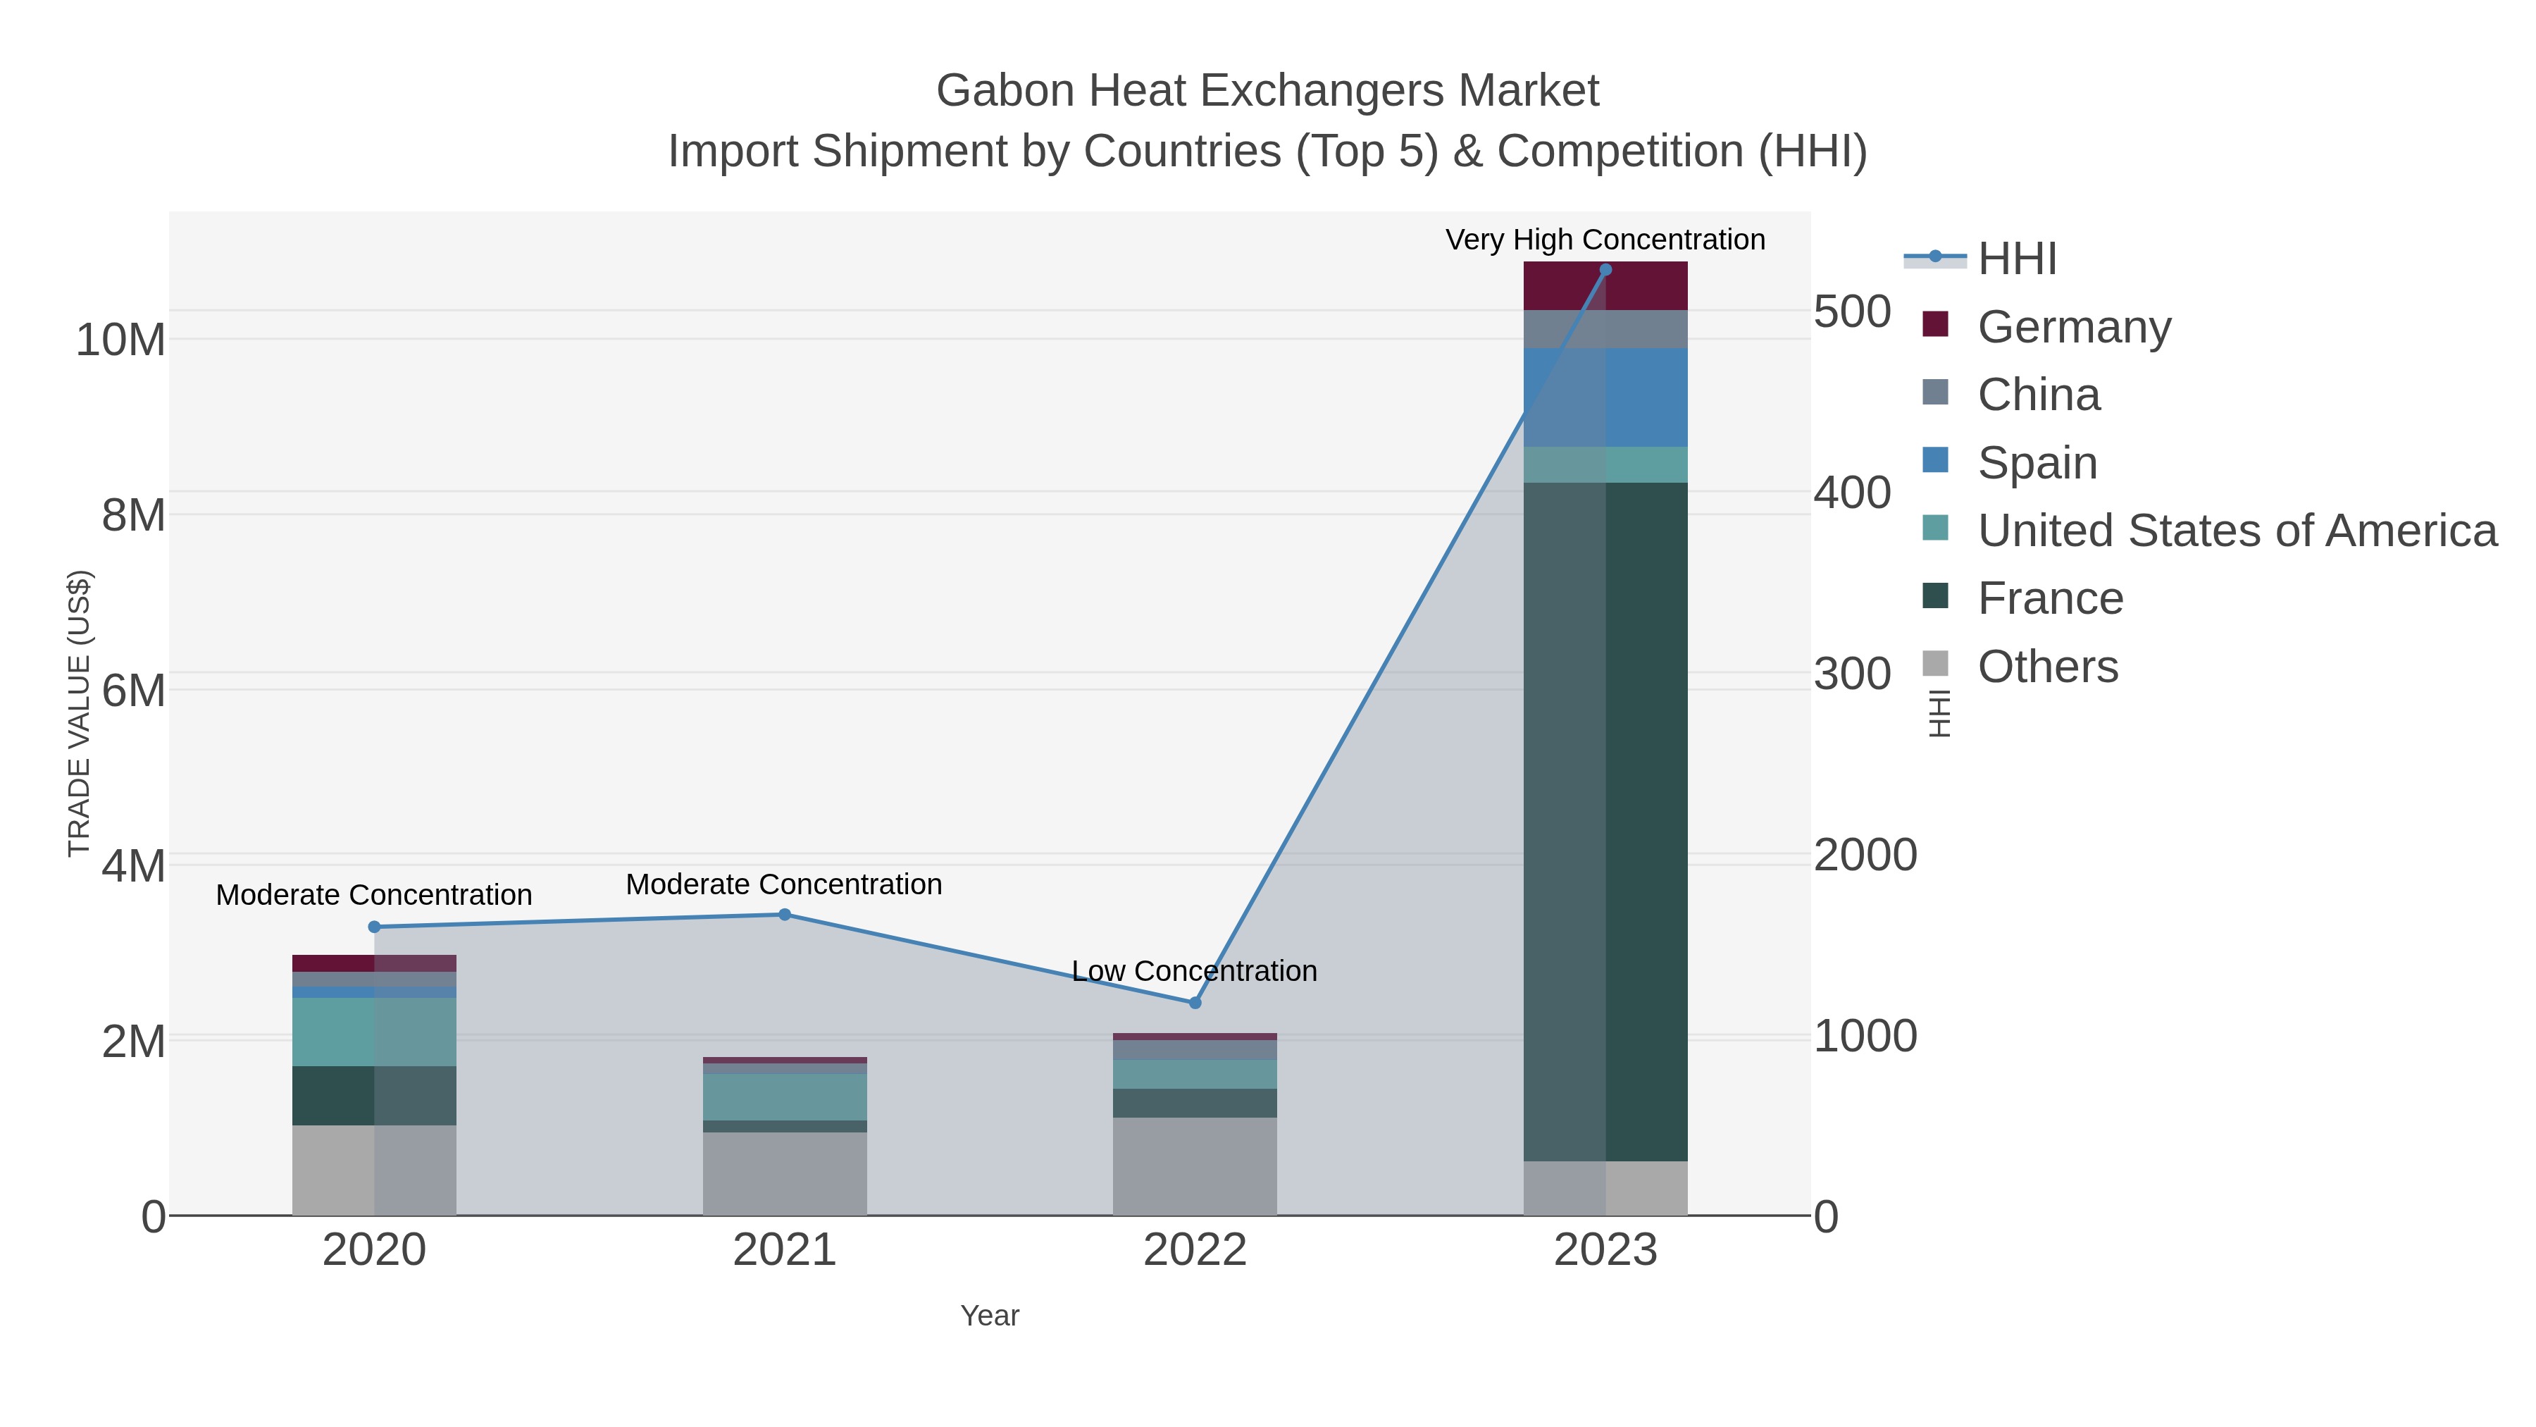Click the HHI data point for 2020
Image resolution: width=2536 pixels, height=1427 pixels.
[x=374, y=927]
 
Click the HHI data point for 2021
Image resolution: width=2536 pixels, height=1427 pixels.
[x=785, y=915]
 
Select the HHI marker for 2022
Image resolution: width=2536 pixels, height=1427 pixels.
[x=1195, y=1003]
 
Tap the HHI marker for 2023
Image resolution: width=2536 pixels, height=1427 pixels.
[x=1605, y=270]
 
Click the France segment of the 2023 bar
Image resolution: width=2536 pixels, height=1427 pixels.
[x=1605, y=822]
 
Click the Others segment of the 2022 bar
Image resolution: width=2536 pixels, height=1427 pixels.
[x=1195, y=1166]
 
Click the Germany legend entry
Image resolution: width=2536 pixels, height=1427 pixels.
[x=2073, y=326]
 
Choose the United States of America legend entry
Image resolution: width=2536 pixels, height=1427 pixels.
[x=2236, y=530]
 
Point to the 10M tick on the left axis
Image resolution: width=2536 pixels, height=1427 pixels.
[x=120, y=340]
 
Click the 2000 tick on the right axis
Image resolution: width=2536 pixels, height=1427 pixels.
[x=1865, y=855]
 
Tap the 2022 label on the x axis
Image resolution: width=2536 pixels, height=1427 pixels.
[x=1195, y=1249]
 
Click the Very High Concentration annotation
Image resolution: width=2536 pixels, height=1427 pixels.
[x=1605, y=240]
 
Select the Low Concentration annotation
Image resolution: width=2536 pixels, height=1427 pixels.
[x=1194, y=971]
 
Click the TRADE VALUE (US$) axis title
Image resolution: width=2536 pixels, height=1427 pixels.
[x=79, y=713]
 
